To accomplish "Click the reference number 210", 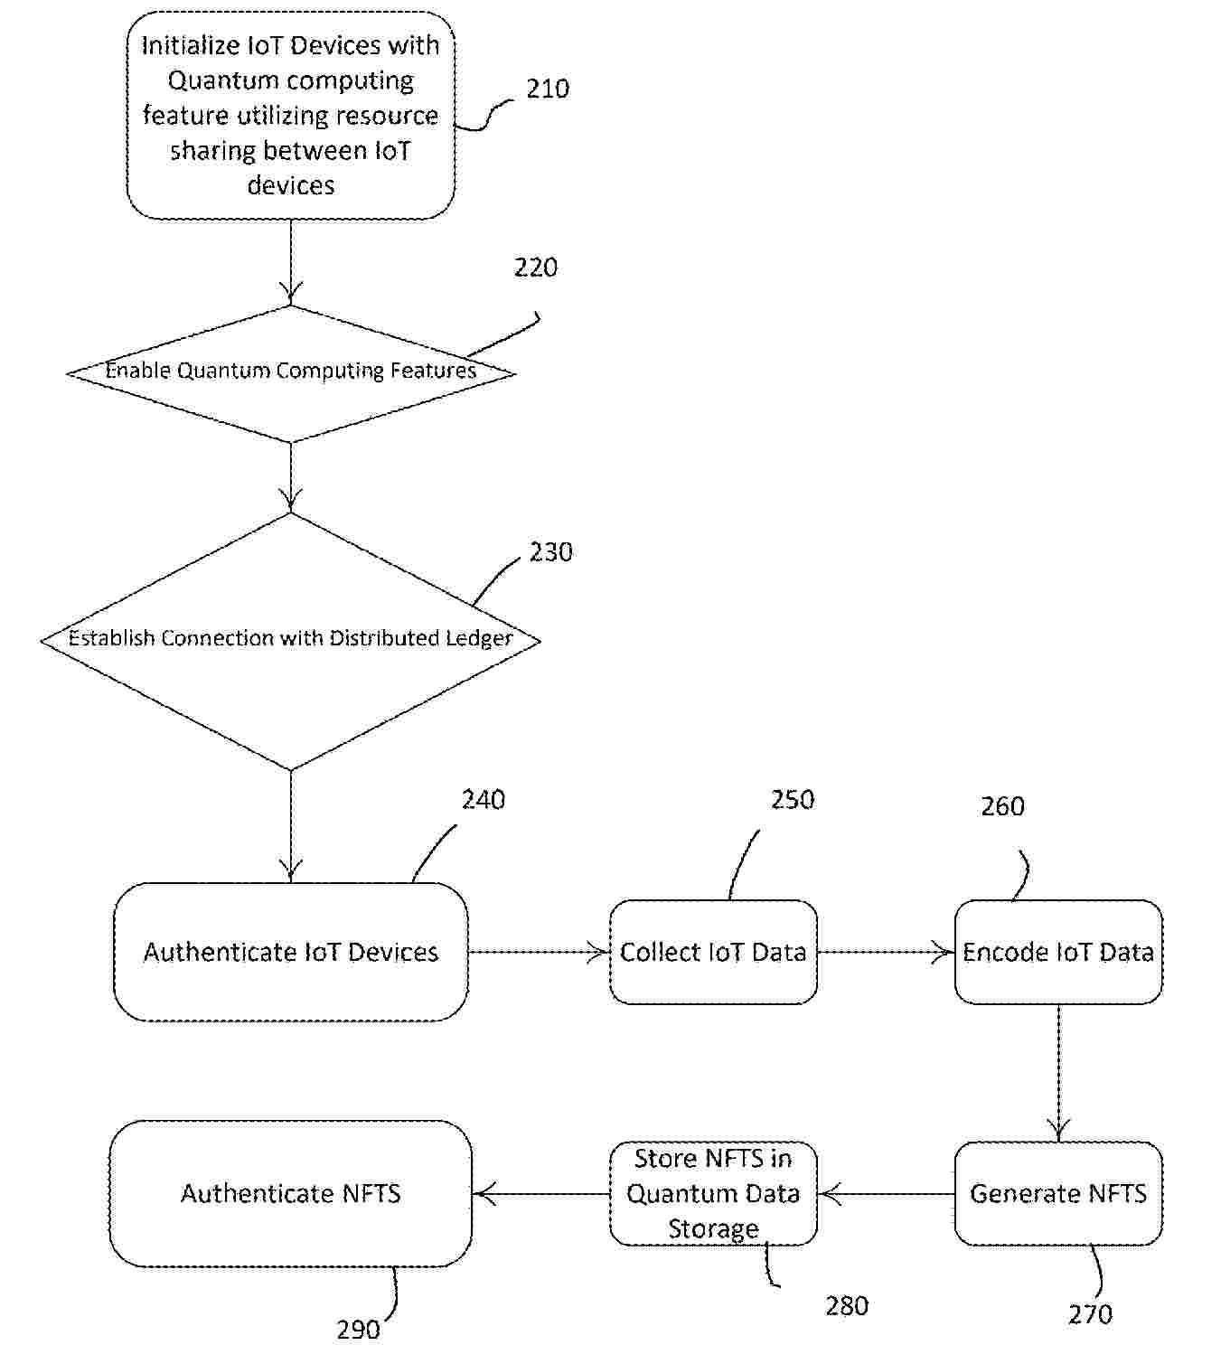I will coord(548,89).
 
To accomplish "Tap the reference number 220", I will coord(536,268).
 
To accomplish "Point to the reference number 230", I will coord(550,552).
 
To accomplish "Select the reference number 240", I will coord(484,800).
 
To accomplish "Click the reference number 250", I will coord(793,800).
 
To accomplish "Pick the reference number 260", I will coord(1002,806).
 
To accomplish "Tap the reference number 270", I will coord(1090,1314).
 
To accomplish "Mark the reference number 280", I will coord(847,1306).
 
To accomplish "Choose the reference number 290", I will coord(359,1330).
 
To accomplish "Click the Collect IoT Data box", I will coord(713,952).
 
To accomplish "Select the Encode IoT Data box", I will coord(1058,952).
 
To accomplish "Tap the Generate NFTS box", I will coord(1058,1193).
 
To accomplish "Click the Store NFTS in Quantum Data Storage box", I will coord(713,1193).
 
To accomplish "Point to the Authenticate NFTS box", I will coord(290,1193).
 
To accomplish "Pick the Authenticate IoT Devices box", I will coord(290,952).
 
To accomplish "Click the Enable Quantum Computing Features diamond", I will coord(290,372).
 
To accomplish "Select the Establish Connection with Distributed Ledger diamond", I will coord(290,639).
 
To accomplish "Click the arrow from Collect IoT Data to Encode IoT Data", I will coord(886,952).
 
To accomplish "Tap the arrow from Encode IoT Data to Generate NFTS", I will coord(1058,1072).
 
